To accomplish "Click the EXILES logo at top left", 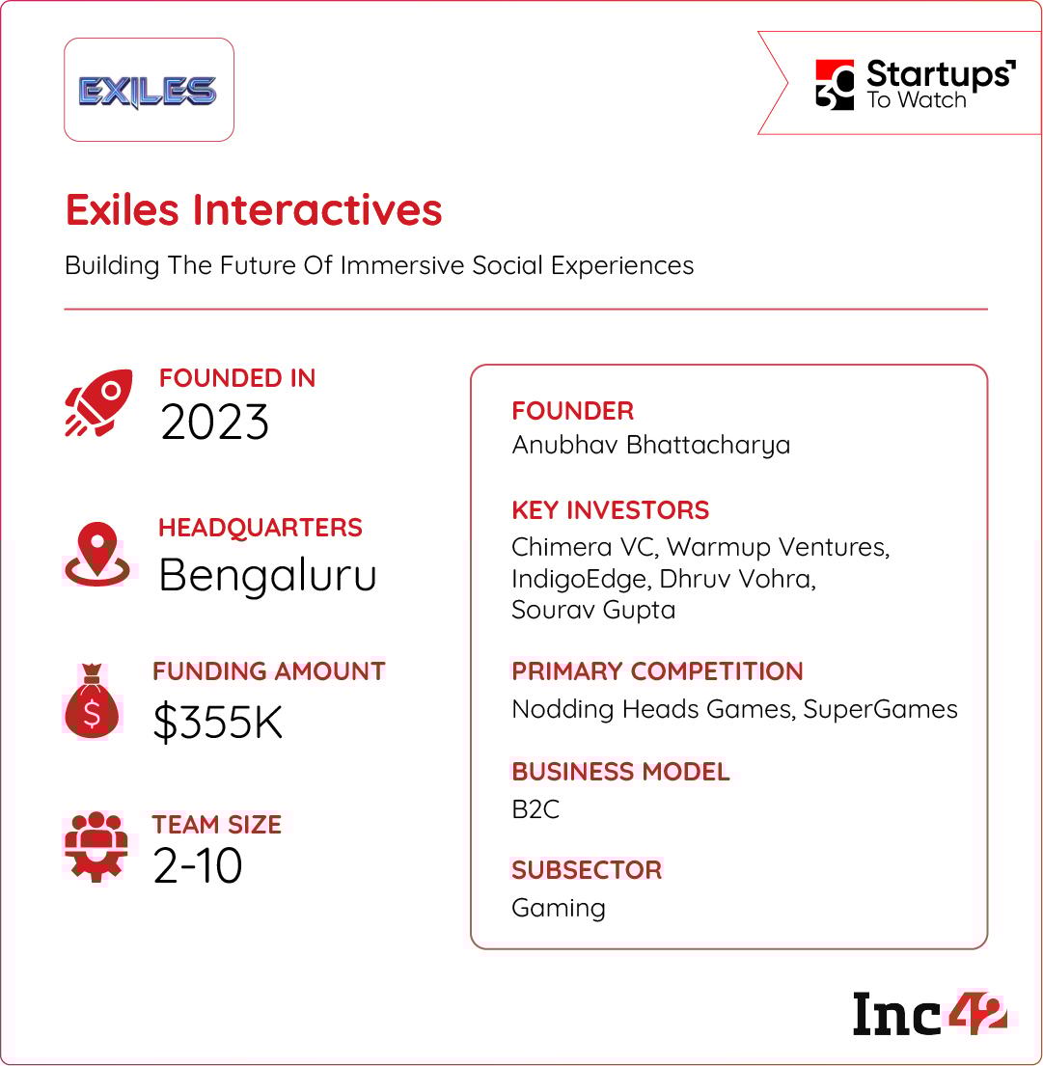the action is click(148, 92).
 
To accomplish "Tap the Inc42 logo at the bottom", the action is click(929, 1014).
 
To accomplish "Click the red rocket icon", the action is click(98, 402).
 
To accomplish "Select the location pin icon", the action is click(97, 554).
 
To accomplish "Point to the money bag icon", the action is click(92, 700).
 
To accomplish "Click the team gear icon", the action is click(96, 846).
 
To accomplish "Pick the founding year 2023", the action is click(214, 423).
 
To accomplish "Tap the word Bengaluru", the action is click(267, 575).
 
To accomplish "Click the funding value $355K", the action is click(218, 722).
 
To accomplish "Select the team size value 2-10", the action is click(198, 865).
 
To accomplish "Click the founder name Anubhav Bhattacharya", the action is click(650, 446).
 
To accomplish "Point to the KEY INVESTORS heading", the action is click(611, 510).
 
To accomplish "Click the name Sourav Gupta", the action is click(593, 610).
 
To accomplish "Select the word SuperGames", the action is click(881, 710).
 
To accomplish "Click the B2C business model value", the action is click(535, 809).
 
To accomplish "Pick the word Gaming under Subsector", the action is click(559, 909).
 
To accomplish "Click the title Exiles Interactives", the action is click(254, 209).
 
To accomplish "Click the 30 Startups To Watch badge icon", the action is click(835, 84).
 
